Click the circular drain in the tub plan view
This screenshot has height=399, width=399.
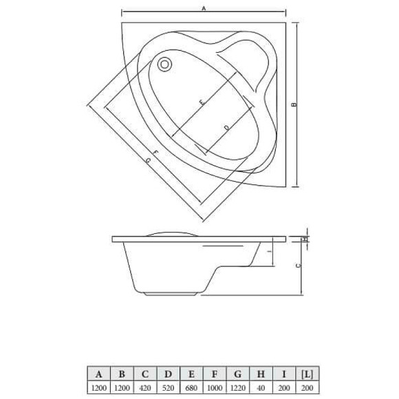pos(164,65)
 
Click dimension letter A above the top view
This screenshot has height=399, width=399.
pos(204,8)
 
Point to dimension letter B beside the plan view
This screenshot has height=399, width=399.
pos(294,105)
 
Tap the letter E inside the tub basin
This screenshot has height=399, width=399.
pos(202,103)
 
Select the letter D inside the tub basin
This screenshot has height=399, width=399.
pos(226,127)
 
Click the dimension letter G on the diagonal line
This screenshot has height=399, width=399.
pos(149,160)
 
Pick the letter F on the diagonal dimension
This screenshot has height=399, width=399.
pos(157,151)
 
